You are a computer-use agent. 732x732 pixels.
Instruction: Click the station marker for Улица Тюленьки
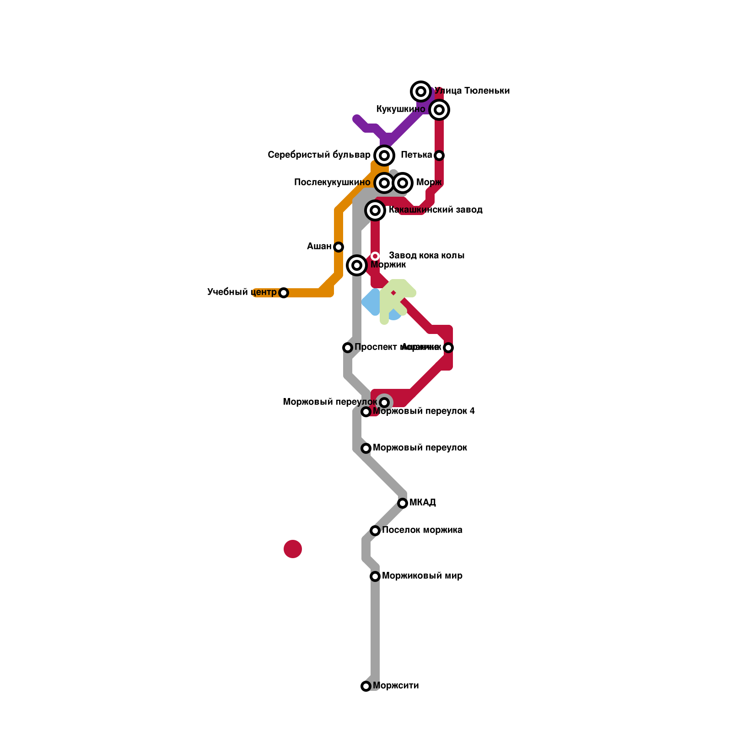coord(421,91)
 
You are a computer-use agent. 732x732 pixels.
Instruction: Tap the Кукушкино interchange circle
coord(439,110)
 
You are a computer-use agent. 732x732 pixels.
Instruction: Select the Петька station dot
coord(439,156)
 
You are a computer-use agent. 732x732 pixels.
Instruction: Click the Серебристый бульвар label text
coord(319,155)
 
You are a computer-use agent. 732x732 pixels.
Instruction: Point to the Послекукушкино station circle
coord(384,183)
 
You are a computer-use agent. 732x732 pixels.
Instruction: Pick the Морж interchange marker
coord(403,183)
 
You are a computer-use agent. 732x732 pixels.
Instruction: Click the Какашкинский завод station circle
coord(375,210)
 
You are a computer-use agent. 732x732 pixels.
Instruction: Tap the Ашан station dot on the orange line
coord(339,247)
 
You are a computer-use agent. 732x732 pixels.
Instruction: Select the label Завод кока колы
coord(426,255)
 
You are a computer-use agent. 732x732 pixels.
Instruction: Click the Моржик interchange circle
coord(357,265)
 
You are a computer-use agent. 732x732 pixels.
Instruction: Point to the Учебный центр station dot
coord(284,293)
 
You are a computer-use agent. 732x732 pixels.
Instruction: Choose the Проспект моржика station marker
coord(348,348)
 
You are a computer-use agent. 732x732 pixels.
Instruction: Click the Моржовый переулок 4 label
coord(424,411)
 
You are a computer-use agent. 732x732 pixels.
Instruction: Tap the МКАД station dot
coord(403,503)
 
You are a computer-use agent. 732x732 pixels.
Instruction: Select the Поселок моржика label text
coord(422,530)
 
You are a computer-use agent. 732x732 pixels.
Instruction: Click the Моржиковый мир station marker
coord(375,576)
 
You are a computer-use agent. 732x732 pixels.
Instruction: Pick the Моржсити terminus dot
coord(366,686)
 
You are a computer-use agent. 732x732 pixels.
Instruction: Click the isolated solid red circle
coord(293,549)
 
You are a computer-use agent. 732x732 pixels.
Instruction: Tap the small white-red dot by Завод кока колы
coord(375,256)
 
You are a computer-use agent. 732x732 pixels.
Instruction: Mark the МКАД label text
coord(422,503)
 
